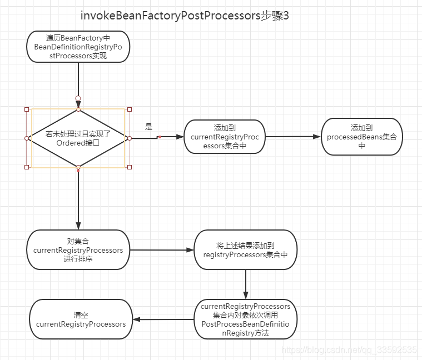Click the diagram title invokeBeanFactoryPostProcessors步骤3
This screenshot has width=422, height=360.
point(185,16)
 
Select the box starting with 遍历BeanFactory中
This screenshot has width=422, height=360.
point(78,47)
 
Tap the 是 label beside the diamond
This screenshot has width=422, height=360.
point(148,127)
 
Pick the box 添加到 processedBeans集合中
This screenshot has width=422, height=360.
point(361,136)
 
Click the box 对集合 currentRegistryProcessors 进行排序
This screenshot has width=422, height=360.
point(78,250)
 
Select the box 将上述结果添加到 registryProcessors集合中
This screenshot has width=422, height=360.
point(245,250)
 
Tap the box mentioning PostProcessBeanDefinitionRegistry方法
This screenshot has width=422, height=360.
point(245,319)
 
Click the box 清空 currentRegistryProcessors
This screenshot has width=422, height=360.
point(81,319)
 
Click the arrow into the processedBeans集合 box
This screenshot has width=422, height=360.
point(293,136)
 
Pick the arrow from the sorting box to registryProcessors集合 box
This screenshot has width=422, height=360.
point(161,250)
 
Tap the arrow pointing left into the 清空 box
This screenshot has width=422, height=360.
point(163,319)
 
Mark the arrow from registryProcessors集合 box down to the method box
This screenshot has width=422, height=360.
point(245,284)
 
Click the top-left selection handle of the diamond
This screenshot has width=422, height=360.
point(27,109)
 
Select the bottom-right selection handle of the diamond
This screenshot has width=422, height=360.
point(130,167)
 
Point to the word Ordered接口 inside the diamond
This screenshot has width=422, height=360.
point(78,142)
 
